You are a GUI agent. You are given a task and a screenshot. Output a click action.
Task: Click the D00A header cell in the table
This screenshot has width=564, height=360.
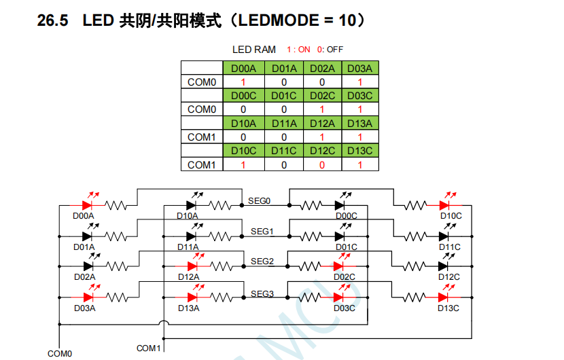click(243, 68)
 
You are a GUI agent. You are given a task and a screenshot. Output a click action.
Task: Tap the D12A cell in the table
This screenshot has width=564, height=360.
click(321, 123)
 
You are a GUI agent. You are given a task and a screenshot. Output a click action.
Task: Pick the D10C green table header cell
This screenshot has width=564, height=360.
click(243, 151)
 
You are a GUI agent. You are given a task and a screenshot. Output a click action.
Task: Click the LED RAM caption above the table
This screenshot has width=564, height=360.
click(254, 50)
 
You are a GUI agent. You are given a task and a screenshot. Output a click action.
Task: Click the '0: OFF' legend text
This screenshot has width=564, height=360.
click(330, 50)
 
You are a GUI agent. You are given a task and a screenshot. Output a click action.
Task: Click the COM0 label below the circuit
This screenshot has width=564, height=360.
click(60, 353)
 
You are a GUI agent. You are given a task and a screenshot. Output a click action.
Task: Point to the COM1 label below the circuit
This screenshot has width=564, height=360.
click(149, 348)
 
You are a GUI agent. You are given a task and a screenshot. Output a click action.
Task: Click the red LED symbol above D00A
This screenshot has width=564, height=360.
click(88, 204)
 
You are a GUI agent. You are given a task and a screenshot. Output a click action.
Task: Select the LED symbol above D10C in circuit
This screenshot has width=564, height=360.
click(446, 204)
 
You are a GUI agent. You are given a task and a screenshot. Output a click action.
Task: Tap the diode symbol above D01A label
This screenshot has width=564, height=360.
click(88, 236)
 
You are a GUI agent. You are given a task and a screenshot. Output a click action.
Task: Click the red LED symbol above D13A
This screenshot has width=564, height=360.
click(192, 296)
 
